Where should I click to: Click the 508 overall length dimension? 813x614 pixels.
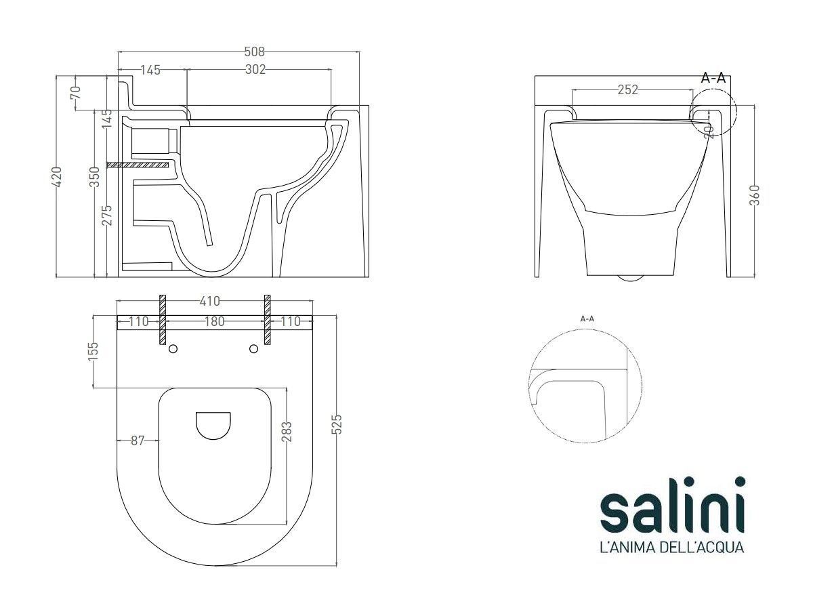tap(255, 52)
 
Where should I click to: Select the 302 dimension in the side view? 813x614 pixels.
tap(255, 69)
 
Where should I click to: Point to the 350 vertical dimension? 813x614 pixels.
tap(96, 177)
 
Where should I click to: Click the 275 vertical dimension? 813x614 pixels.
tap(107, 215)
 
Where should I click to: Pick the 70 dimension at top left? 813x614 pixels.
tap(76, 93)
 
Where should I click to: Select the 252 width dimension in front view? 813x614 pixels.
tap(628, 89)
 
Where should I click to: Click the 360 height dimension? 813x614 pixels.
tap(755, 195)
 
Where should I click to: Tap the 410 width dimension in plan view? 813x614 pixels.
tap(210, 302)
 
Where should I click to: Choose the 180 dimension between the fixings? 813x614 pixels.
tap(215, 321)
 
